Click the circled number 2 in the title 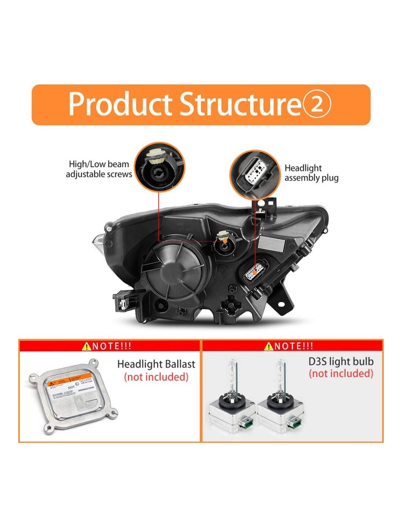click(316, 104)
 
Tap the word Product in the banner click(120, 104)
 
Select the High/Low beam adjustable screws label click(99, 169)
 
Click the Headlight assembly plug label click(311, 173)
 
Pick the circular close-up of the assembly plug click(254, 174)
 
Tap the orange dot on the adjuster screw click(225, 241)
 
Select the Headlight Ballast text click(156, 364)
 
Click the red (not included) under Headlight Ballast click(156, 377)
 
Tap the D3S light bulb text click(341, 362)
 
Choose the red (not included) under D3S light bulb click(341, 374)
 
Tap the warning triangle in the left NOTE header click(86, 346)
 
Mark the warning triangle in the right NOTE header click(269, 346)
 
